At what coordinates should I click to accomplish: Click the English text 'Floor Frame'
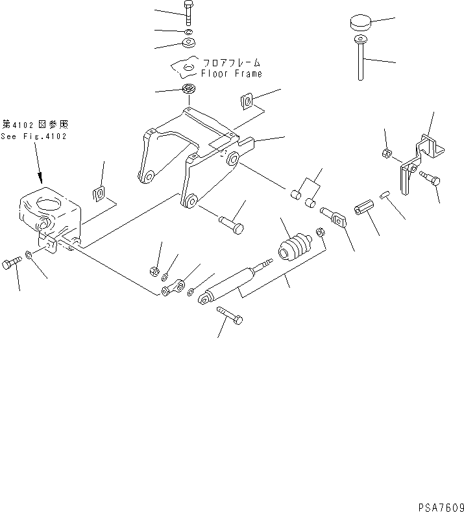pos(231,74)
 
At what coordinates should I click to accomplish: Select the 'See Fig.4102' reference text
pos(34,136)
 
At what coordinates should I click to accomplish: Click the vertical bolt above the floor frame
pos(188,16)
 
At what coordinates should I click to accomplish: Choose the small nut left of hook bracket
pos(386,154)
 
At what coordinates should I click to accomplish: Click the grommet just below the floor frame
pos(189,89)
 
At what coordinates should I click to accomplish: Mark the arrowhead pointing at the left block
pos(40,177)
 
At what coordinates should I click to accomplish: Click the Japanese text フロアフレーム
pos(231,63)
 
